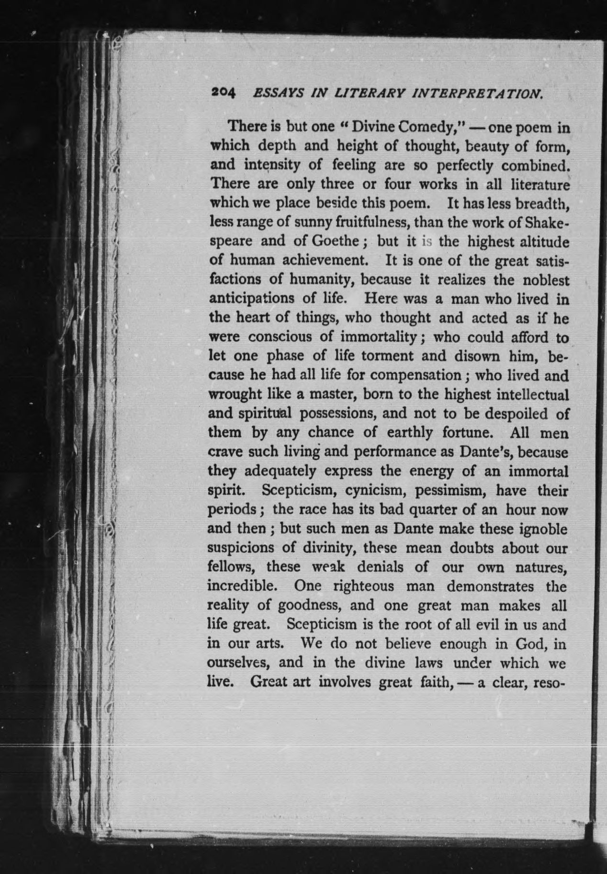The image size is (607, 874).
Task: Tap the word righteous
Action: [x=348, y=586]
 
